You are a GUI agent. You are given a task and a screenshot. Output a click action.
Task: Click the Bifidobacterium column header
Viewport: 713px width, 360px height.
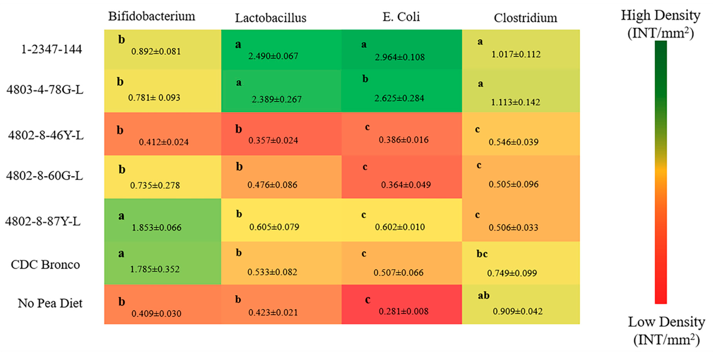tap(151, 16)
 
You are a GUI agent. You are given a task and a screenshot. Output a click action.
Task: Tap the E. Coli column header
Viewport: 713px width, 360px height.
tap(401, 17)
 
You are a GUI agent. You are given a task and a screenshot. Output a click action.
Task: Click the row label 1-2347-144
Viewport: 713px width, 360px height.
tap(52, 49)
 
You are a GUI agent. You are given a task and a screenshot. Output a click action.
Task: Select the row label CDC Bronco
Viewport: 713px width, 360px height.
tap(45, 265)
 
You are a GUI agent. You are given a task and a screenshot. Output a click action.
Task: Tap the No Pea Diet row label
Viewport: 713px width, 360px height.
tap(50, 303)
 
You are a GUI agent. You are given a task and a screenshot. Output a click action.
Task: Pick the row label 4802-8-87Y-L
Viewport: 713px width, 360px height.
tap(43, 221)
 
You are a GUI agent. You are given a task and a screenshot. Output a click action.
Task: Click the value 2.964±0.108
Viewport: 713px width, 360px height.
tap(399, 57)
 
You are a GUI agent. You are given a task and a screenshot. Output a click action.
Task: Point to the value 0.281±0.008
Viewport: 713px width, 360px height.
tap(403, 311)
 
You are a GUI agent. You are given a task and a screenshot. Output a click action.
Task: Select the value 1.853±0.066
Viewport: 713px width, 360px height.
tap(156, 227)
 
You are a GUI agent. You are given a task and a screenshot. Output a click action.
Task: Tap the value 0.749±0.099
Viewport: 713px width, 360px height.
tap(512, 273)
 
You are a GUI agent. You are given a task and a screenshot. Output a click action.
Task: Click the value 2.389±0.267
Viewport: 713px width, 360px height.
tap(276, 99)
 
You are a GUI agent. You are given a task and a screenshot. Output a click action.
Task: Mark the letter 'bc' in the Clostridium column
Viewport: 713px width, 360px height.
tap(482, 254)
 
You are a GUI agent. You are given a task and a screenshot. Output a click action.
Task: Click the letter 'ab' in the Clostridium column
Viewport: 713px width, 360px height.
tap(483, 295)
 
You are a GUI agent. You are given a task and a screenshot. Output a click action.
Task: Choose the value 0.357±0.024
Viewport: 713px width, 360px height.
tap(273, 140)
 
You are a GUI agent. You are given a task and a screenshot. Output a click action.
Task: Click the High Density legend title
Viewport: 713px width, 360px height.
tap(660, 24)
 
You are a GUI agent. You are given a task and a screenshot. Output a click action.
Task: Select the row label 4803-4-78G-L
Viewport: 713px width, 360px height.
tap(45, 90)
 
